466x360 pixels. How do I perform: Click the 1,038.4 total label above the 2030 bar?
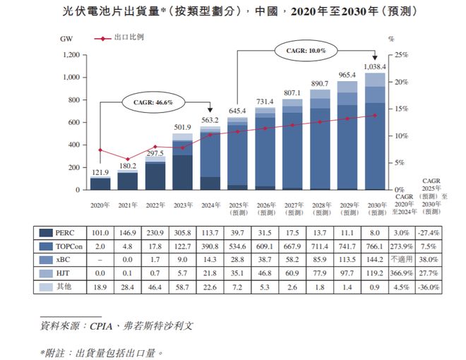[x=374, y=66]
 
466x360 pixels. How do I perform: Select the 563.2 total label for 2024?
[x=211, y=120]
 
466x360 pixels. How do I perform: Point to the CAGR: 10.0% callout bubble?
[x=306, y=51]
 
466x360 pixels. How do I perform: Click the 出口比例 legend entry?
[x=129, y=35]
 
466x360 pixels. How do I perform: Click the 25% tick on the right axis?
[x=400, y=55]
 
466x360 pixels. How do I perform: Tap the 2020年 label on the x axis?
[x=100, y=204]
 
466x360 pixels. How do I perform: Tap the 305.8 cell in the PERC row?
[x=182, y=233]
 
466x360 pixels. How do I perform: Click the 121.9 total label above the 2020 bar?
[x=100, y=172]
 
